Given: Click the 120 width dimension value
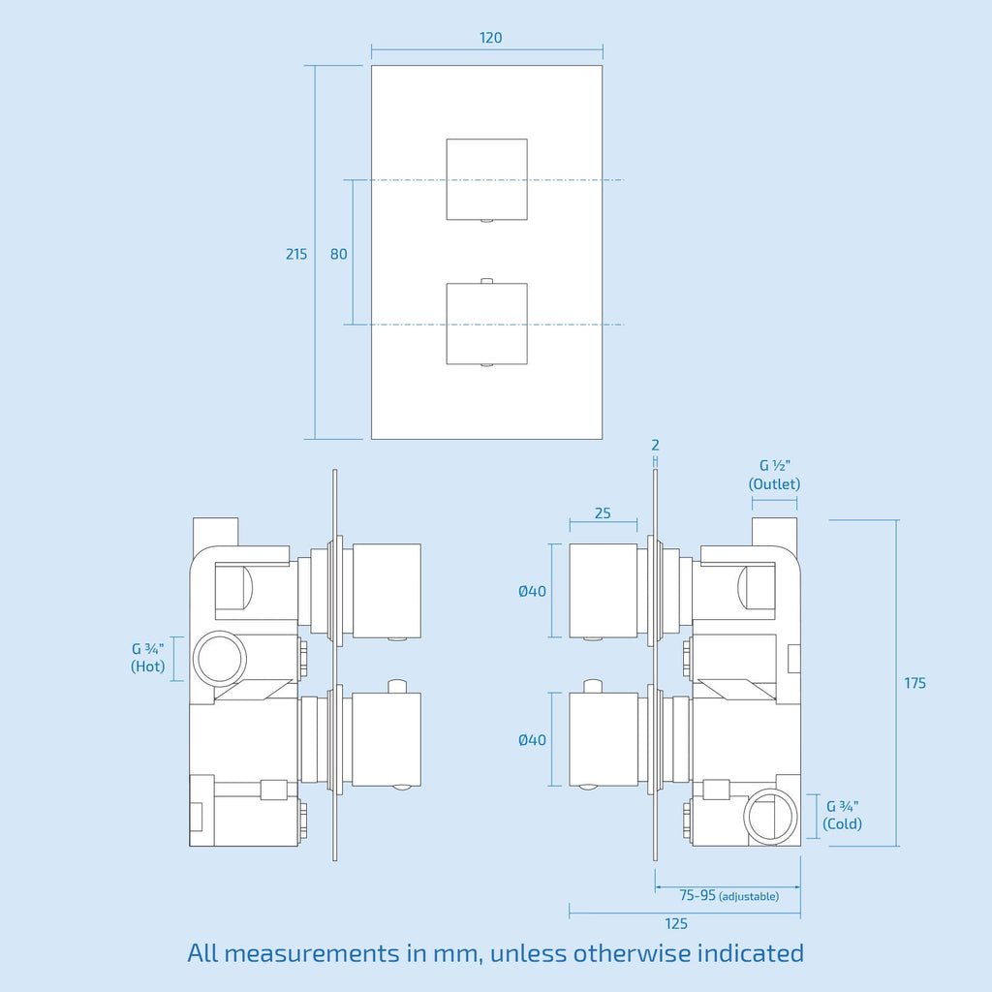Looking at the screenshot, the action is (x=490, y=38).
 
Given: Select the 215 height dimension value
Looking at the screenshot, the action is (x=296, y=254).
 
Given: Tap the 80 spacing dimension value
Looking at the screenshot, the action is (x=338, y=254).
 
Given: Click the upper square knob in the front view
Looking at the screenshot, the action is (x=486, y=179).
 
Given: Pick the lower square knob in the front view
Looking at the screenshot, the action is (x=486, y=324).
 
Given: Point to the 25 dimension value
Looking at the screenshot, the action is (x=603, y=513).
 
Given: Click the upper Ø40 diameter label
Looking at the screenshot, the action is (x=532, y=591).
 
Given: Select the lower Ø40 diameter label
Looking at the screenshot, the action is (x=532, y=739).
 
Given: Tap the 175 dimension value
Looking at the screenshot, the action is (x=914, y=683).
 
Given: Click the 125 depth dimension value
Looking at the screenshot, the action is (x=675, y=923).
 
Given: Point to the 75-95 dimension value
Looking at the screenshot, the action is (x=697, y=895).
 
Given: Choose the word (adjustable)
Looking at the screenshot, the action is (x=749, y=896).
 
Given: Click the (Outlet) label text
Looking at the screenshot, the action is (x=774, y=484).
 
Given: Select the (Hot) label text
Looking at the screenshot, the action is (x=147, y=666).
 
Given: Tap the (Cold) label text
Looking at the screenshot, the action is (x=842, y=823).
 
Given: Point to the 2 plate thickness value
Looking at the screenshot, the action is (x=655, y=446).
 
